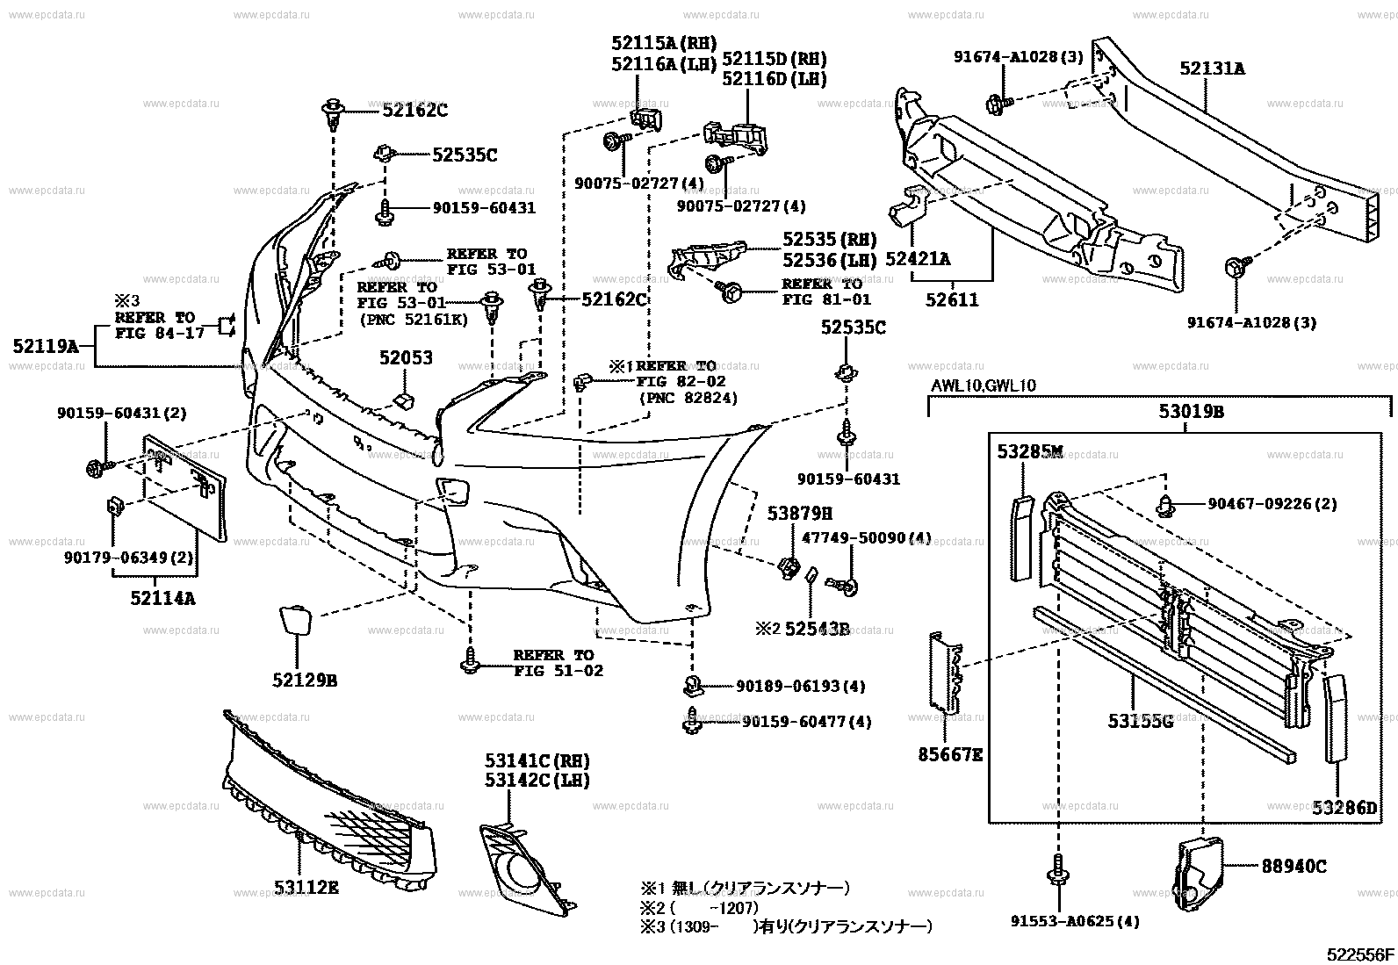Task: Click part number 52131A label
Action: tap(1212, 68)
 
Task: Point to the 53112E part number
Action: tap(306, 887)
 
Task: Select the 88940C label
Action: tap(1294, 867)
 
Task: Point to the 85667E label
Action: tap(951, 753)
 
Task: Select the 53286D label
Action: tap(1344, 807)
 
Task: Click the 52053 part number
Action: tap(407, 358)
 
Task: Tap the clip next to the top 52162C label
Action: tap(332, 112)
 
